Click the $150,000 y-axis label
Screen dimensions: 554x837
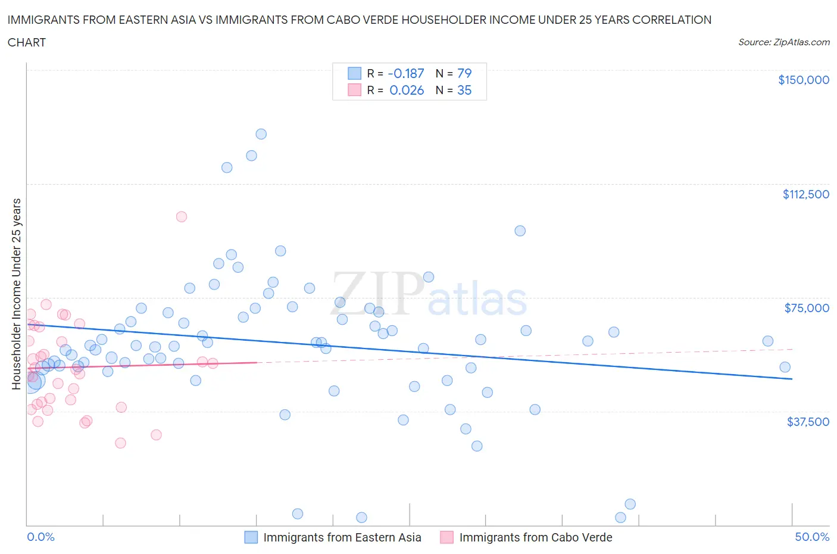click(803, 80)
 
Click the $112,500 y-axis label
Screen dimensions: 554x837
click(805, 194)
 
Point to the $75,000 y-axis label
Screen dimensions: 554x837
click(807, 308)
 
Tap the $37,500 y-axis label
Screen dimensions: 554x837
click(808, 422)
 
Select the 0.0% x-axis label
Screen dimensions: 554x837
click(40, 537)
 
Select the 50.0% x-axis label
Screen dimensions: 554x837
click(812, 537)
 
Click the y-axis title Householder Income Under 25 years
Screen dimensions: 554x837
click(16, 294)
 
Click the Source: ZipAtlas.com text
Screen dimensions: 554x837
click(783, 42)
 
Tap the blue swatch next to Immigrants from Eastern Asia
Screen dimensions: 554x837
click(251, 537)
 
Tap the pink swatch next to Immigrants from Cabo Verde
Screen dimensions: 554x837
click(446, 537)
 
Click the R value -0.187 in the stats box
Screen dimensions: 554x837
click(406, 73)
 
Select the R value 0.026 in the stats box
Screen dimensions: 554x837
click(407, 90)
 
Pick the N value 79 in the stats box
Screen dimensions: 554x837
click(464, 73)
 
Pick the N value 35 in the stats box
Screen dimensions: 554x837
click(464, 90)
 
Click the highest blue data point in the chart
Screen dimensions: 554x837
click(261, 134)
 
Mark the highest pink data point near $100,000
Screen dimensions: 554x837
click(182, 217)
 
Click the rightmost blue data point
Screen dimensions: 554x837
click(785, 368)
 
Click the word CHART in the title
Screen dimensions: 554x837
click(27, 42)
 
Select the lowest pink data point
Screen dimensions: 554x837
click(120, 443)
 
